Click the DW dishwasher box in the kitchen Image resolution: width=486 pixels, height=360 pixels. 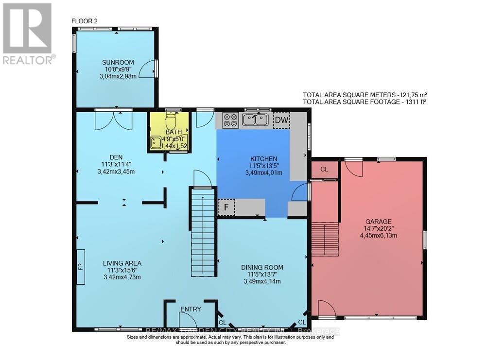[281, 120]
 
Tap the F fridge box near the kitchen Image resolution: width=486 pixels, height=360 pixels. [226, 207]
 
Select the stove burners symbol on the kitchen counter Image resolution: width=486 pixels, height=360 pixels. [230, 120]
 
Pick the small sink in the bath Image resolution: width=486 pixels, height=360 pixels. [156, 142]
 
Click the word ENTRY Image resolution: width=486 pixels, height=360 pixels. [191, 309]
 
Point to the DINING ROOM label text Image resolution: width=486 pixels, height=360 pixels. [262, 267]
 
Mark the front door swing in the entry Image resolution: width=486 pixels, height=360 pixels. [188, 320]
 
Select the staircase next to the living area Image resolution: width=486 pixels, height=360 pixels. [203, 233]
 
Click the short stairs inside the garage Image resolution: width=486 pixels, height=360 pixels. [325, 235]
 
